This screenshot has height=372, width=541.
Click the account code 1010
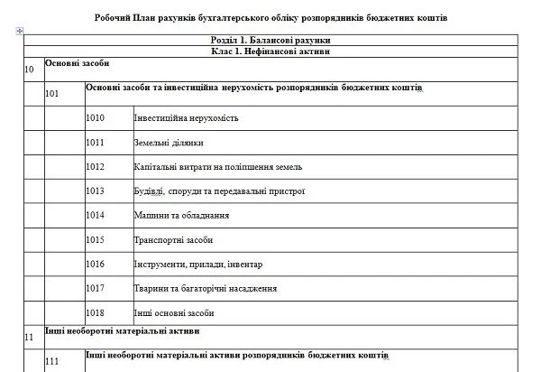click(x=96, y=118)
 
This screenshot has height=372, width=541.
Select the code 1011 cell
click(x=96, y=143)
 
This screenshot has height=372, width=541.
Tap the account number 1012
click(x=96, y=167)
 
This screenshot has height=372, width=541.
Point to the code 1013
click(x=96, y=191)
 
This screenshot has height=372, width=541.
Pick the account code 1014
click(x=96, y=216)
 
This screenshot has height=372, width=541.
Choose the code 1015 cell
click(x=96, y=240)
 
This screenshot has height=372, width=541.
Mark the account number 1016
click(x=96, y=265)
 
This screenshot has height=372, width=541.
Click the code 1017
click(x=96, y=289)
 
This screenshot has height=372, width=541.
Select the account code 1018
click(x=96, y=312)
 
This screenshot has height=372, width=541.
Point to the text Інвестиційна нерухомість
click(x=185, y=118)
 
